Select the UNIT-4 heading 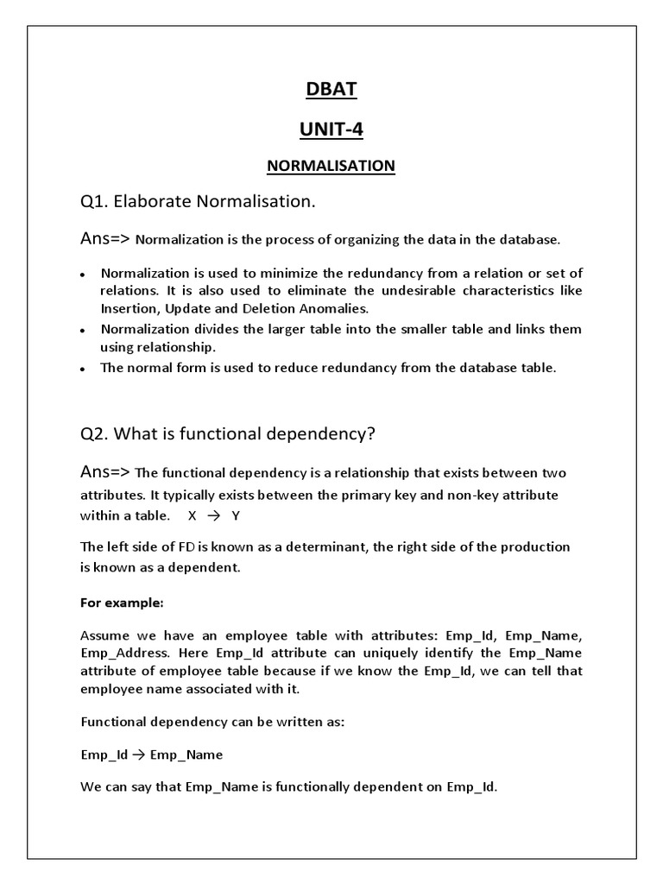(x=331, y=129)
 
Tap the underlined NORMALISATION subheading (x=331, y=165)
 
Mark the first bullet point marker (x=82, y=275)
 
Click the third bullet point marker (x=82, y=369)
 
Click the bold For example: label (x=116, y=602)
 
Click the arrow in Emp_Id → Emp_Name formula (x=139, y=755)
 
